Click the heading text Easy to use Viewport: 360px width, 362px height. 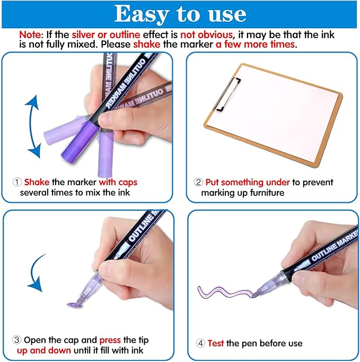180,14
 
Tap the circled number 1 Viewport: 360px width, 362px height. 17,182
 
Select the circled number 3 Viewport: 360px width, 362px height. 17,340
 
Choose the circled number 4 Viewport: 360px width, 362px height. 201,343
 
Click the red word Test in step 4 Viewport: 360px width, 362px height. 216,343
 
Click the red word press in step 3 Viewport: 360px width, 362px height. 111,340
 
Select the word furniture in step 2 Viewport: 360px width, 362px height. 265,193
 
